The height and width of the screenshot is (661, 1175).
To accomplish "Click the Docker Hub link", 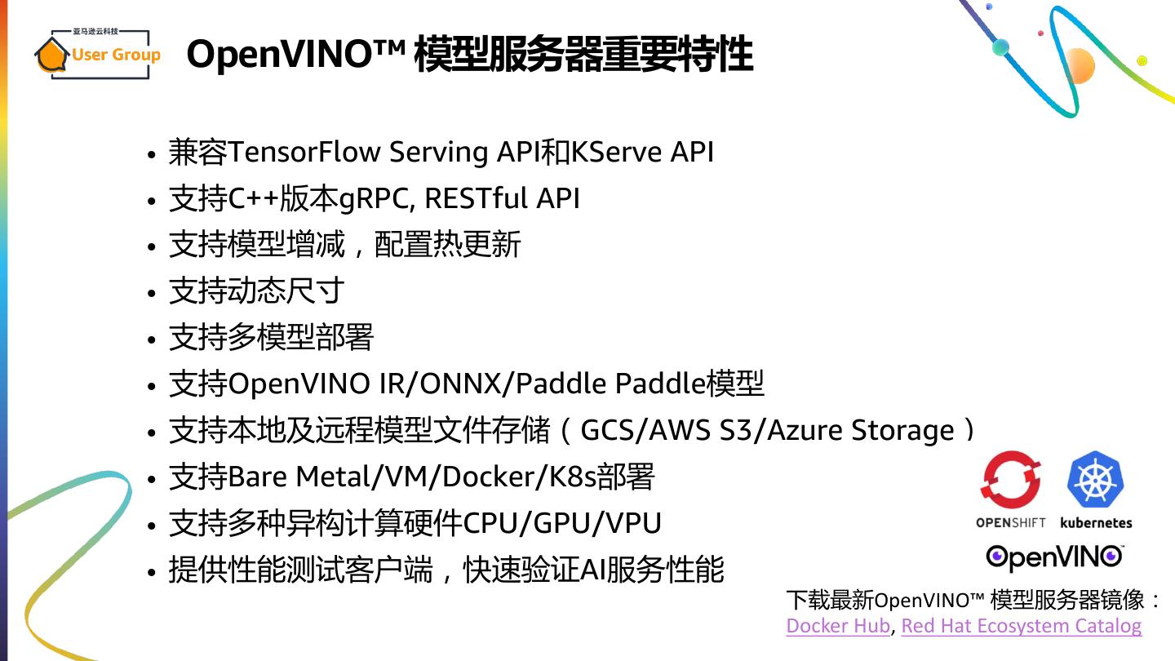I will [x=837, y=626].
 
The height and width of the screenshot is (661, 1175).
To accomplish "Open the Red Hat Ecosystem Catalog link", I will [x=1021, y=626].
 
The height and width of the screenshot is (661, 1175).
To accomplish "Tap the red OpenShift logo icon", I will [x=1011, y=482].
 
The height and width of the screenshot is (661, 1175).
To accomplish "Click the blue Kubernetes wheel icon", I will [x=1096, y=481].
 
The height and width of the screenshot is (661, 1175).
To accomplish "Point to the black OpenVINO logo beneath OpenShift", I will [x=1054, y=557].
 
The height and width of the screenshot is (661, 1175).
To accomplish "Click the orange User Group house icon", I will [x=51, y=55].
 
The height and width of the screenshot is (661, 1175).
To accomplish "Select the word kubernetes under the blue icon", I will [x=1096, y=522].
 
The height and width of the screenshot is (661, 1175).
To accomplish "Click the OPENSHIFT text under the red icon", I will [x=1011, y=522].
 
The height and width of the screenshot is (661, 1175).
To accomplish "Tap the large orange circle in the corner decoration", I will [x=1079, y=65].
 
